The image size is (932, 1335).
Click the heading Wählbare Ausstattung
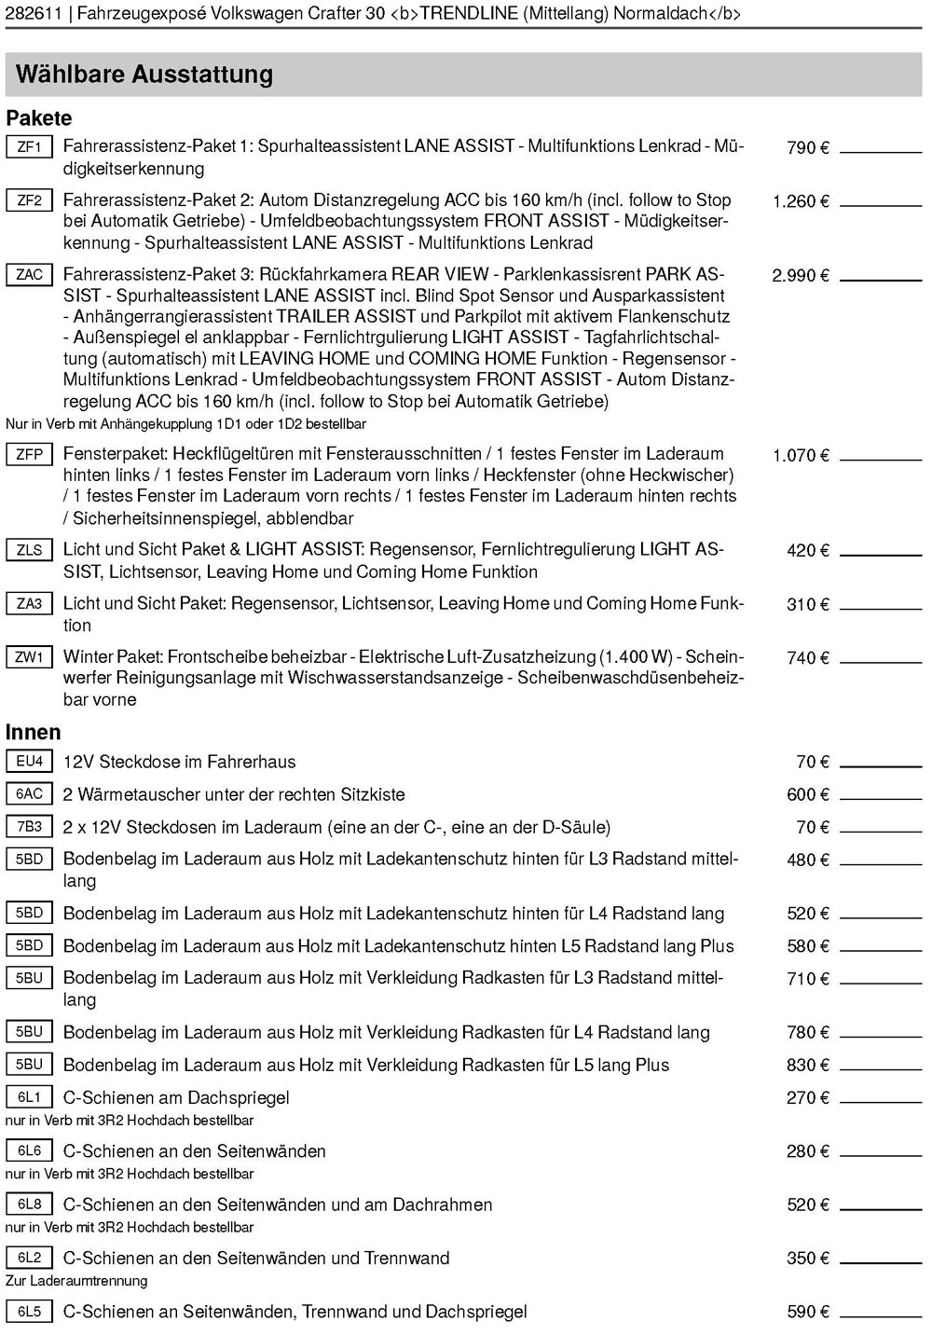(x=144, y=75)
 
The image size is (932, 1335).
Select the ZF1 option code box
(x=29, y=146)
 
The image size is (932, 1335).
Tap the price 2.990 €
(x=800, y=276)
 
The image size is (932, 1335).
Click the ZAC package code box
(x=29, y=274)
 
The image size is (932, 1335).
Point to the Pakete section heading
(x=38, y=118)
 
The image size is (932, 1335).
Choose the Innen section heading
(x=33, y=732)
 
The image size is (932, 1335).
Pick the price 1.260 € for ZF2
(x=800, y=201)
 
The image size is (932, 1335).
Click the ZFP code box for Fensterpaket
(x=29, y=454)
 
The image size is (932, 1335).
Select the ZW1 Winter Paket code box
(x=29, y=656)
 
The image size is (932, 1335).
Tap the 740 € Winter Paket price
(x=807, y=658)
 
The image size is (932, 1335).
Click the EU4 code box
(x=29, y=761)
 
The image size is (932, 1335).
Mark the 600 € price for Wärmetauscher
(x=807, y=794)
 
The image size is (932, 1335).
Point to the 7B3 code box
(x=29, y=826)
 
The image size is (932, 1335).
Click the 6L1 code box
(x=29, y=1097)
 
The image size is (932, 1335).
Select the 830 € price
(x=807, y=1065)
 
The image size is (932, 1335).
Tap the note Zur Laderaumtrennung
(x=76, y=1280)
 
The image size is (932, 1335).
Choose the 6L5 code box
(x=29, y=1311)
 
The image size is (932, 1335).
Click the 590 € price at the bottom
(x=807, y=1312)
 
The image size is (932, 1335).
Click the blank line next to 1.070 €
(x=881, y=459)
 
